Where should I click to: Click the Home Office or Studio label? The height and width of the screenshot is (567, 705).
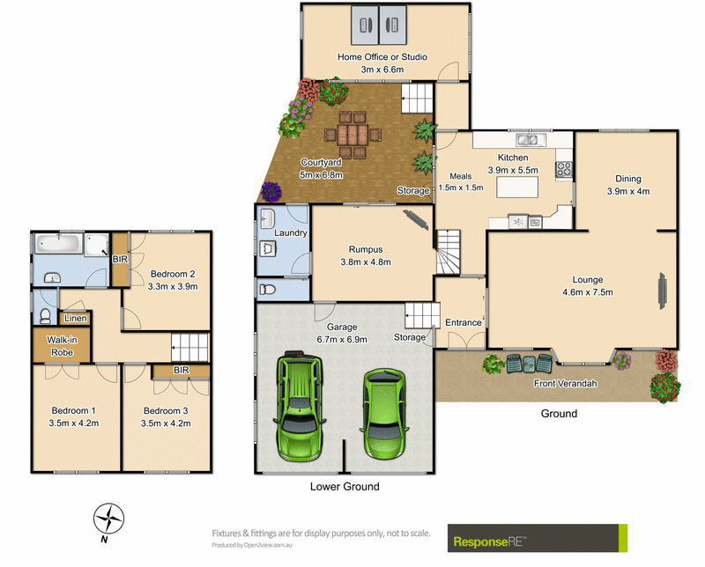[x=382, y=57]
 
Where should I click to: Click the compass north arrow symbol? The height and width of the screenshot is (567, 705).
[x=108, y=519]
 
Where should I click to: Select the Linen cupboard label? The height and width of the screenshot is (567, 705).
[x=74, y=317]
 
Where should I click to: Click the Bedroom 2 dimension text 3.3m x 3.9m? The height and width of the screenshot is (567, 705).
[x=174, y=286]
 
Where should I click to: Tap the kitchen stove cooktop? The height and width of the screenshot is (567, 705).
[x=564, y=167]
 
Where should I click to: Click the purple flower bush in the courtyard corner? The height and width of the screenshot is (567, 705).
[x=271, y=190]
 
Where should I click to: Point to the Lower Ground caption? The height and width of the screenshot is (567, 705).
[x=345, y=487]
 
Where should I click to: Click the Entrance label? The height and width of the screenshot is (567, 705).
[x=464, y=322]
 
